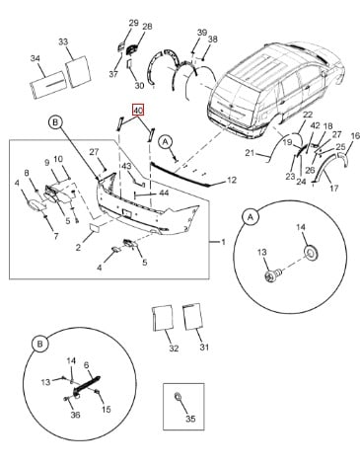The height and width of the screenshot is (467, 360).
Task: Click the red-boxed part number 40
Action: (138, 111)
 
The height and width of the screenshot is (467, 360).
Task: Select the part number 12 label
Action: (232, 181)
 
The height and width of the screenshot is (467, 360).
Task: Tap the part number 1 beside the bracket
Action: (223, 242)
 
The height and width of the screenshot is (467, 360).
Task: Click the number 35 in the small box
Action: (190, 419)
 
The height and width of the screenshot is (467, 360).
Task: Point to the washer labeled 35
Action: (178, 397)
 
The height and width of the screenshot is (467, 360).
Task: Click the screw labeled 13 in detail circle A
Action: (272, 274)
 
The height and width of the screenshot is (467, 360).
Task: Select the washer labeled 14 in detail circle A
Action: (311, 253)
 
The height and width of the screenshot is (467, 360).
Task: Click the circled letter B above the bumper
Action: (55, 122)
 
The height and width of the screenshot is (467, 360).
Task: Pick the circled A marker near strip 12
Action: (166, 142)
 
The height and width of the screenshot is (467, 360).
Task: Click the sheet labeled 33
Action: (78, 72)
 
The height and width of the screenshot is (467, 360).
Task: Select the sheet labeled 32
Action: (163, 318)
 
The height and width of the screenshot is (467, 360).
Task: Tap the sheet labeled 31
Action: (192, 316)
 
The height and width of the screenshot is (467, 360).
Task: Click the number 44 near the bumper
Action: (164, 193)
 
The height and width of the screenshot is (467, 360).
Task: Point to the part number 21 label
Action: (251, 153)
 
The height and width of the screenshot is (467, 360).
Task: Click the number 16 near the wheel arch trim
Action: (356, 135)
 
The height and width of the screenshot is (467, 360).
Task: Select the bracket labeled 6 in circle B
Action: (87, 384)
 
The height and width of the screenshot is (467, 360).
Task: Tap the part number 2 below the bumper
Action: (78, 247)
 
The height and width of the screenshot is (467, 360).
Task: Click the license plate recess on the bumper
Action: (127, 212)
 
